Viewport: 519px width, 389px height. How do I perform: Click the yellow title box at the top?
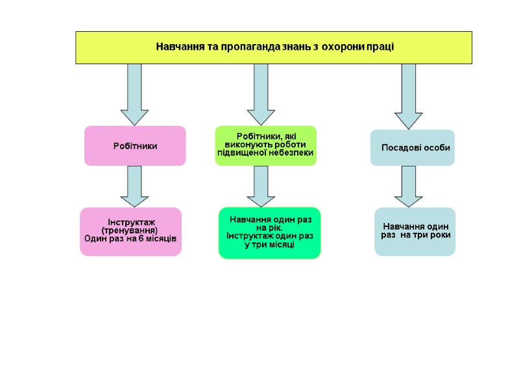274,47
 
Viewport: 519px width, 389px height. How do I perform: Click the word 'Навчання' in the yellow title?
177,47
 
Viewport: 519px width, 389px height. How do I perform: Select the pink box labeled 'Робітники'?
135,146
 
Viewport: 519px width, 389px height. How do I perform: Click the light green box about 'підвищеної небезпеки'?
265,146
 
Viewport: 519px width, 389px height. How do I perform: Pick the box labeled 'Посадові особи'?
412,148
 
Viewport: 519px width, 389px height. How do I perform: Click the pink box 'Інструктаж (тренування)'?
130,231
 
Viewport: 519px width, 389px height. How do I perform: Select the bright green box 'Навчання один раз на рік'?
269,233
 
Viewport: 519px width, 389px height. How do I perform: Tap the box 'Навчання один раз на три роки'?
415,231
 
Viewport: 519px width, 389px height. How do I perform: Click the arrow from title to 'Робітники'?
135,94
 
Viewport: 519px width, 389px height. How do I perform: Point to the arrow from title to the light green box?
261,94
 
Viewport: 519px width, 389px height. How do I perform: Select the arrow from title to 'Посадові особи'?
409,96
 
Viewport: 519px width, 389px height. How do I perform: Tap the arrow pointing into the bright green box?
261,186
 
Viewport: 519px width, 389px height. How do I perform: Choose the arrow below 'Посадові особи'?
409,186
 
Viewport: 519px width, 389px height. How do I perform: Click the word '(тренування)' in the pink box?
130,231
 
